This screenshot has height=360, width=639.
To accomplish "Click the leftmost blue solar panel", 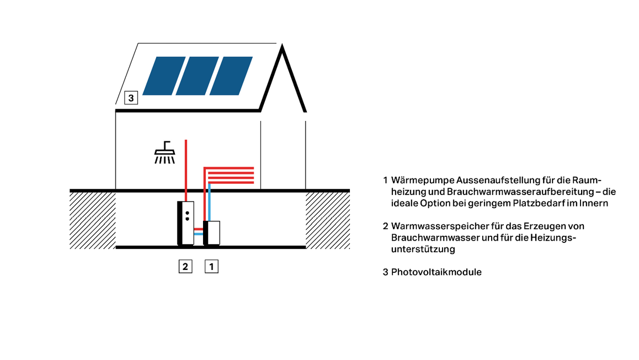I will click(164, 75).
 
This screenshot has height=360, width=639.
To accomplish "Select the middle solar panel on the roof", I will click(198, 75).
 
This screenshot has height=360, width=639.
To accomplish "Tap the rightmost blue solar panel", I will click(231, 75).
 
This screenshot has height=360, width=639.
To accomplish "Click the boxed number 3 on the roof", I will click(130, 98).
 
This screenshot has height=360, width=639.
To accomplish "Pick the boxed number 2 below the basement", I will click(185, 267).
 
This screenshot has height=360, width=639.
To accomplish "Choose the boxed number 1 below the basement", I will click(212, 267).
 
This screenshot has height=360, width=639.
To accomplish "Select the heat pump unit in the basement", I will click(213, 232).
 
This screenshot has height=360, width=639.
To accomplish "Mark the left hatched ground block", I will click(93, 220).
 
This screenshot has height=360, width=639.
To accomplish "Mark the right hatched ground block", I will click(328, 220).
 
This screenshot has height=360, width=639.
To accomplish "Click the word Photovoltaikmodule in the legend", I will click(436, 272).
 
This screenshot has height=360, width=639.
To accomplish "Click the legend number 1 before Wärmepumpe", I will click(385, 181).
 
